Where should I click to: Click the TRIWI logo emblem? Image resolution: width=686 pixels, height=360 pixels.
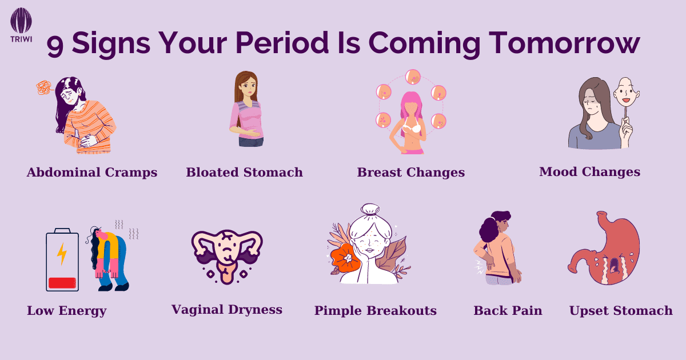click(x=21, y=20)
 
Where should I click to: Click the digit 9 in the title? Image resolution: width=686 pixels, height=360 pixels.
click(x=55, y=45)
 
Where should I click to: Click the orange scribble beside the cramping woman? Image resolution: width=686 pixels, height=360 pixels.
click(x=43, y=87)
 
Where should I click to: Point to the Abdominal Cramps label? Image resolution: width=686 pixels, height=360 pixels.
click(x=92, y=173)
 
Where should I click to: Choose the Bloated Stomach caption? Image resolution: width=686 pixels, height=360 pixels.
click(x=245, y=173)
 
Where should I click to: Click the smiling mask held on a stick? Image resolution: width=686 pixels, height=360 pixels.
click(x=627, y=93)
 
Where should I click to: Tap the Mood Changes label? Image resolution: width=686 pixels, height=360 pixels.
click(x=589, y=172)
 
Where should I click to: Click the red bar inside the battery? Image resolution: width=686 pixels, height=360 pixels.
click(x=62, y=283)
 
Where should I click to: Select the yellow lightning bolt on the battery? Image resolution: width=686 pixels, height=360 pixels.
click(x=62, y=254)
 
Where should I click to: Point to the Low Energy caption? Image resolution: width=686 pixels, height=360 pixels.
click(x=67, y=311)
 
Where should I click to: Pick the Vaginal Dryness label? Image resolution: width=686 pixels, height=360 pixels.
click(x=226, y=310)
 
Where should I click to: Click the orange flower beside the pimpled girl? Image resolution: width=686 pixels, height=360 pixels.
click(x=345, y=258)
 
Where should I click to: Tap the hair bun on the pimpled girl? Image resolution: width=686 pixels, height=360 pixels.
click(x=370, y=209)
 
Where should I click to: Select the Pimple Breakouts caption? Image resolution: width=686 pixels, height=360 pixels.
click(x=376, y=310)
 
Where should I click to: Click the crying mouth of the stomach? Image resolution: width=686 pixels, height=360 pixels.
click(x=614, y=265)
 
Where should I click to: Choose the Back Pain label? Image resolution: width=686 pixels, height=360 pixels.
click(x=508, y=311)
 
